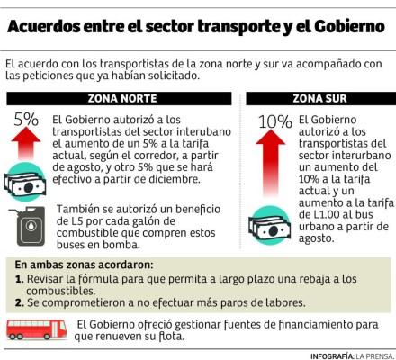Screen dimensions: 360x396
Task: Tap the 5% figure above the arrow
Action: (26, 119)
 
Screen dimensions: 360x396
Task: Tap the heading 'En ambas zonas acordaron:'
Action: (85, 265)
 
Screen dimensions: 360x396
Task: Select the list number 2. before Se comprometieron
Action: (20, 302)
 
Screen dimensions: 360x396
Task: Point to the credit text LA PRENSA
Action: (372, 352)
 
